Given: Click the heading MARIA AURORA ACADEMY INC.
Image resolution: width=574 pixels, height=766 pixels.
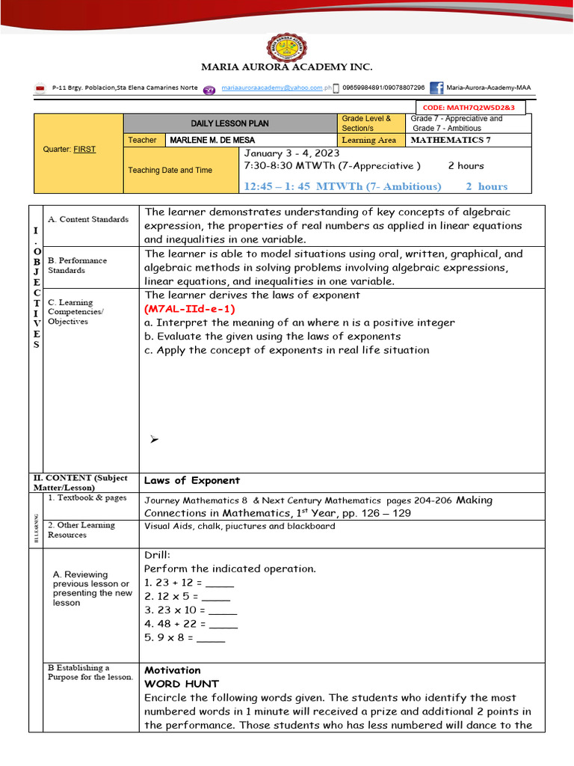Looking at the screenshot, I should click(286, 68).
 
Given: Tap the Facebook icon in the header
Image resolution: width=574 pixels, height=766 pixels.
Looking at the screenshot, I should click(436, 88).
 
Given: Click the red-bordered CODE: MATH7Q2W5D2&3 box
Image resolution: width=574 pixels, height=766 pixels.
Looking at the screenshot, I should click(469, 108).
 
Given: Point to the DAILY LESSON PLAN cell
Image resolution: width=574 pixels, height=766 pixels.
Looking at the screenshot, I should click(229, 123).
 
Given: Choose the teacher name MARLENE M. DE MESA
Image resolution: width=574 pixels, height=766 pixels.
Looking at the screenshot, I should click(212, 140).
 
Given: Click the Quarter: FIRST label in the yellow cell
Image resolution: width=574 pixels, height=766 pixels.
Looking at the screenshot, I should click(70, 150).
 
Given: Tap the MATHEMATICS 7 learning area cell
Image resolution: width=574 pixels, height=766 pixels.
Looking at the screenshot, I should click(451, 140).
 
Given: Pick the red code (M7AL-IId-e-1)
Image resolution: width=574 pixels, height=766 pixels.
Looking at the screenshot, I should click(190, 309).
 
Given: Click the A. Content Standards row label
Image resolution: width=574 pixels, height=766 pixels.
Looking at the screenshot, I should click(88, 219).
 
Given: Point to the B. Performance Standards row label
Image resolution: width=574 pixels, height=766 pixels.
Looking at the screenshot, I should click(77, 266).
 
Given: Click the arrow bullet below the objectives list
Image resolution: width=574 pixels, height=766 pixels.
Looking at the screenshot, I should click(154, 440).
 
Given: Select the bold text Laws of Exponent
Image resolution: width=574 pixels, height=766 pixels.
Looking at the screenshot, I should click(192, 480).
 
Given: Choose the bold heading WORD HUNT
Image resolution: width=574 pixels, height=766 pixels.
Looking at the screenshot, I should click(182, 684).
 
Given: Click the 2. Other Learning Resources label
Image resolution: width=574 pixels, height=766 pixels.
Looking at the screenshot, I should click(81, 530).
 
